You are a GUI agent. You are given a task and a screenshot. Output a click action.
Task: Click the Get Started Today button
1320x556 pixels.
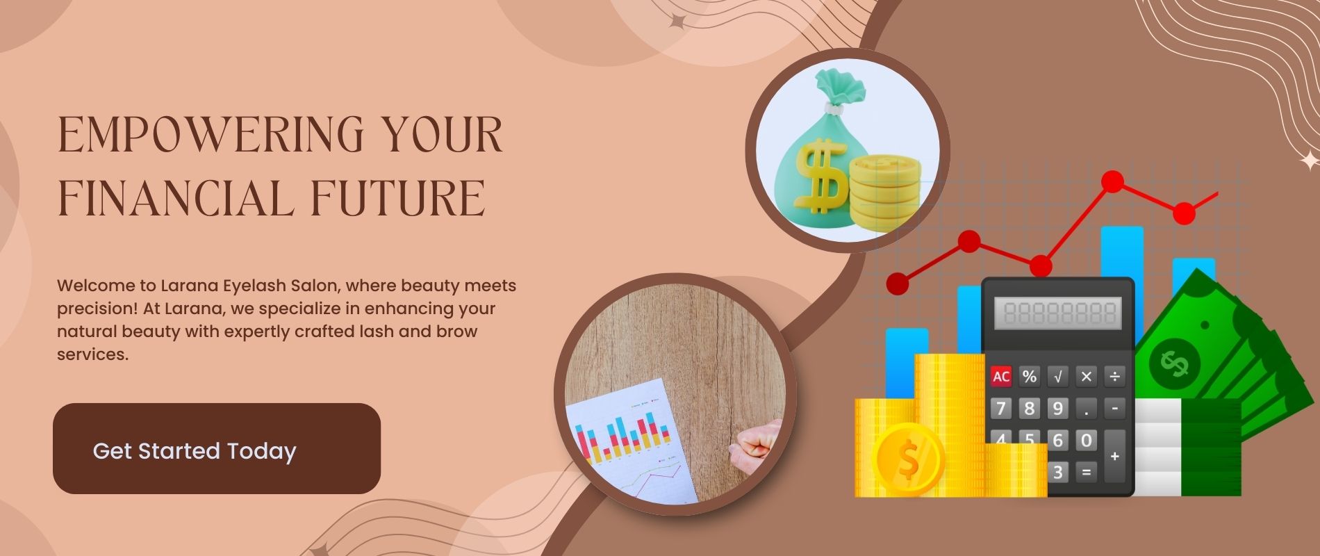click(x=217, y=448)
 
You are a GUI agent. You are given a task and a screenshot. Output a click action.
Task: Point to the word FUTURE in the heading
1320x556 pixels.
click(x=397, y=198)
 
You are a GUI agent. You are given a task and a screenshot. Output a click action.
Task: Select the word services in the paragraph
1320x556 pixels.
click(x=92, y=354)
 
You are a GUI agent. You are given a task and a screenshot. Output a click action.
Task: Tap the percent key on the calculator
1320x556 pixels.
click(x=1030, y=377)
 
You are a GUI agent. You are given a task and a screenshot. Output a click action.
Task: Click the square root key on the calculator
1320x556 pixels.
click(x=1058, y=377)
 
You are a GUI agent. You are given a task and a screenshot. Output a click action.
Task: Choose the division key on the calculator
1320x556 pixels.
click(x=1114, y=377)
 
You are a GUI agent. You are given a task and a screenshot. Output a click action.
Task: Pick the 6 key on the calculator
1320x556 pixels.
click(x=1058, y=440)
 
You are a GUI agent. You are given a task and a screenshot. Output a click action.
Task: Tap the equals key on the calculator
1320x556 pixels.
click(x=1086, y=473)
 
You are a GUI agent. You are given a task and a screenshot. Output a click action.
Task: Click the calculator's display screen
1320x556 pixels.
click(x=1058, y=313)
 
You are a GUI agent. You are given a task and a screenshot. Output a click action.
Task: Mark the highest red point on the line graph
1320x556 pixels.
click(x=1112, y=182)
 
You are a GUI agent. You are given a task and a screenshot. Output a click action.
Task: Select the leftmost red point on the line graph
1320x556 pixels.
click(x=898, y=284)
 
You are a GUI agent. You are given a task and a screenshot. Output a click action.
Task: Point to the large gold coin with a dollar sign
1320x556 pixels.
click(x=909, y=459)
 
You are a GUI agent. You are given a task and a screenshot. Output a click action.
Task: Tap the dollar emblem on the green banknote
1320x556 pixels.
click(x=1174, y=363)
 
